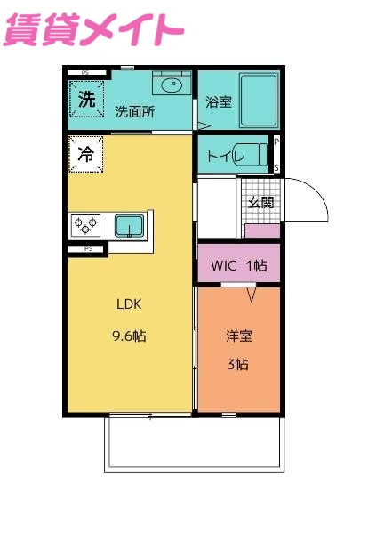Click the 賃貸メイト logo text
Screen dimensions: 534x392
[94, 28]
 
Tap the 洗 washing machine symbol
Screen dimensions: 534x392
[86, 101]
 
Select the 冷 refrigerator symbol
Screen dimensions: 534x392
[86, 154]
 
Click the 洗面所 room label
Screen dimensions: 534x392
[134, 112]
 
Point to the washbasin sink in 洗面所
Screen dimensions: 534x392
[172, 85]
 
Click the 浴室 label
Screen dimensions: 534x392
[219, 101]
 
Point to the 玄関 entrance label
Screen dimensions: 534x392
[260, 202]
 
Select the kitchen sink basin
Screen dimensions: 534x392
[129, 226]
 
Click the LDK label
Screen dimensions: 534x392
[130, 303]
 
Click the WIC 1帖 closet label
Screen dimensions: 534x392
[238, 264]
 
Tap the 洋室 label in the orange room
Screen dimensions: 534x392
[238, 336]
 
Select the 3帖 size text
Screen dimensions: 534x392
[238, 364]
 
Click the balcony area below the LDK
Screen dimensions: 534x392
[194, 443]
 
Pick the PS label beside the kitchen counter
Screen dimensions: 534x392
[88, 249]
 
